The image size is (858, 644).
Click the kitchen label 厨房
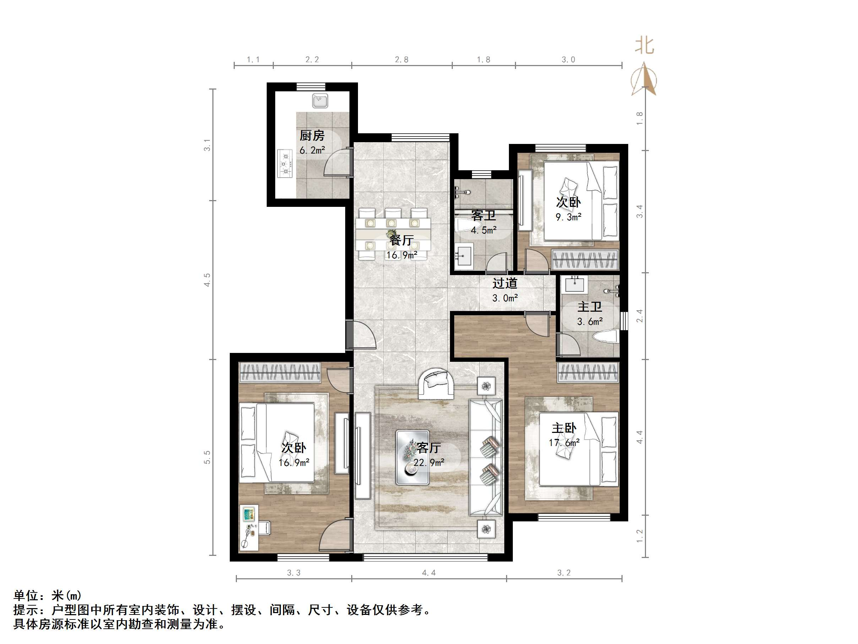(312, 135)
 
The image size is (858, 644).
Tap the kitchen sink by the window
(320, 101)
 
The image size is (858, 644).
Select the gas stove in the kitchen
(286, 163)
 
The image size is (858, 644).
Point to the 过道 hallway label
(505, 283)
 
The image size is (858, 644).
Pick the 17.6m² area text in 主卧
(564, 442)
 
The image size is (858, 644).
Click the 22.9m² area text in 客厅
(429, 462)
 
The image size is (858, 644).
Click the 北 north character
(644, 45)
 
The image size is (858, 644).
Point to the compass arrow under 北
(644, 80)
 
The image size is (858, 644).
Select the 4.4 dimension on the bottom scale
(429, 573)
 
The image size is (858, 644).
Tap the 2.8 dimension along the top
(401, 59)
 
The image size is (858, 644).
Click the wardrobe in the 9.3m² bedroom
(585, 260)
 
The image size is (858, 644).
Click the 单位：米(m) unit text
(47, 595)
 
